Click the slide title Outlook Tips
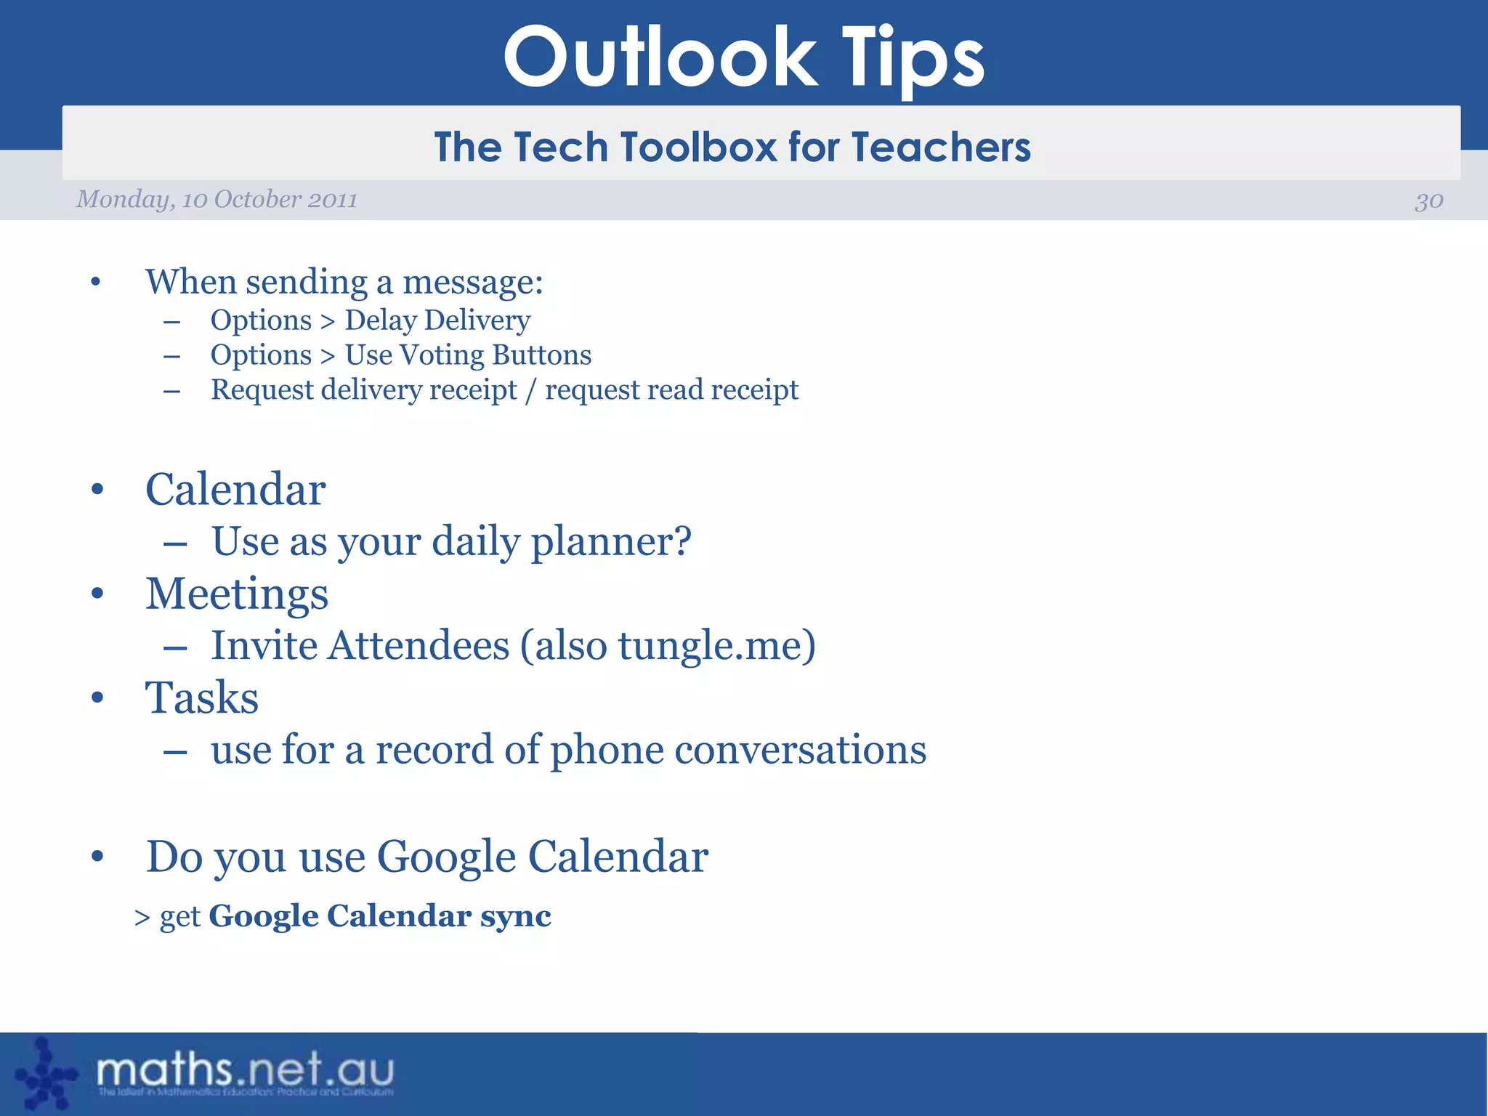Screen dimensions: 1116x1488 coord(743,58)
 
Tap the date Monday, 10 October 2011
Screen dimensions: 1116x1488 coord(217,199)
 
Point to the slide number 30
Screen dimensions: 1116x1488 coord(1428,201)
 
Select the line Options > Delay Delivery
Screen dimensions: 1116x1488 coord(370,320)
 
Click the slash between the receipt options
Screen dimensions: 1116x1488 coord(530,390)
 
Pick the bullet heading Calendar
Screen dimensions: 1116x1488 coord(235,490)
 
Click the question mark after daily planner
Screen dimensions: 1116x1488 coord(681,541)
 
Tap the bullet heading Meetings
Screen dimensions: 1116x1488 coord(237,594)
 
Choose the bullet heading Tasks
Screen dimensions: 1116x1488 coord(202,698)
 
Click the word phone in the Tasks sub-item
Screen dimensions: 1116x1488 coord(607,750)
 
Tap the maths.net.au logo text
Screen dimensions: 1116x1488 coord(245,1071)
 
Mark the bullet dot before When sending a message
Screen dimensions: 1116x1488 coord(96,282)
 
